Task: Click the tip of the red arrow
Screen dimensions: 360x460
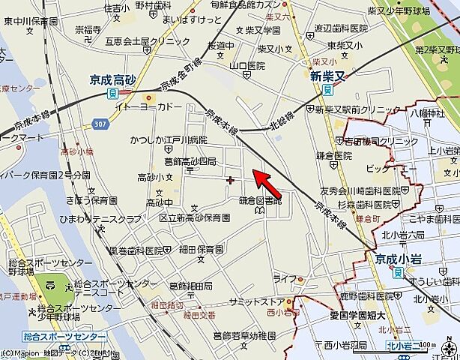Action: [252, 172]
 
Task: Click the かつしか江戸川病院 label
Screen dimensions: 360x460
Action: [168, 140]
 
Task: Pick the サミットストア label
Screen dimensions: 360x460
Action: [254, 300]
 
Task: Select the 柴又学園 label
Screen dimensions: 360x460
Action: [262, 31]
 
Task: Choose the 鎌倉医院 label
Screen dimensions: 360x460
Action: [333, 156]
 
